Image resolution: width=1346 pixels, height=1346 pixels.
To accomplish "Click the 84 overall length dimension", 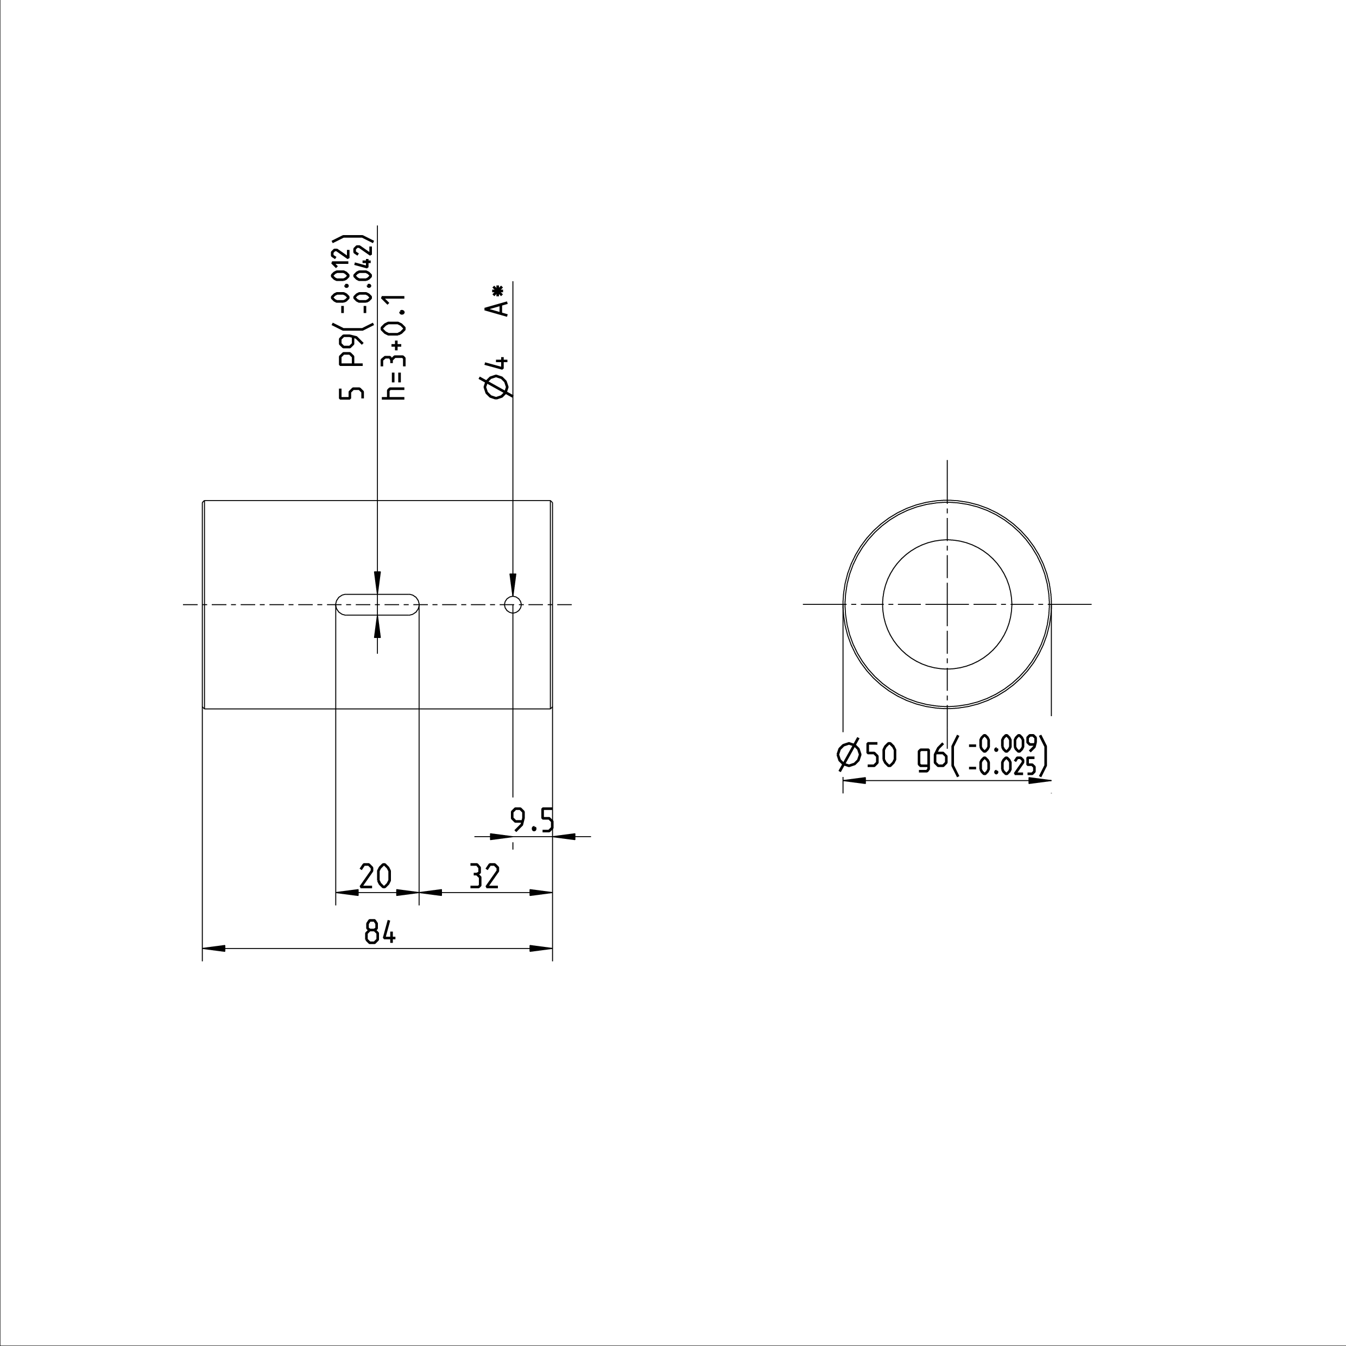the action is [x=381, y=932].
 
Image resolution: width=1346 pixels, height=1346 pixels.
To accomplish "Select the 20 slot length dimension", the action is [x=376, y=876].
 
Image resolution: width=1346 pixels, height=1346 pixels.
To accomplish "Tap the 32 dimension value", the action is [x=484, y=876].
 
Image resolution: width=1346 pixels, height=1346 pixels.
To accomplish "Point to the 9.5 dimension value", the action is [x=532, y=821].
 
